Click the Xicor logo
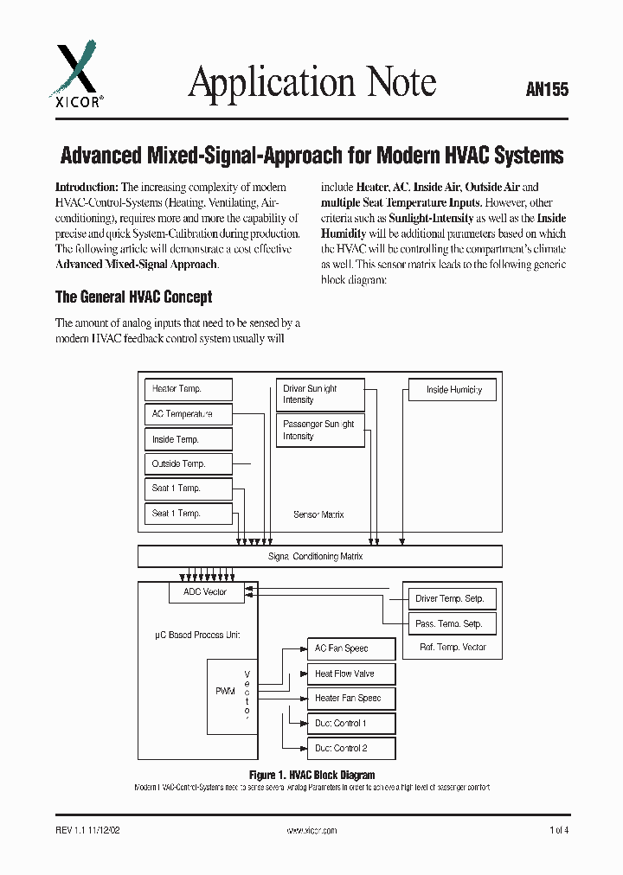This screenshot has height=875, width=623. (x=78, y=78)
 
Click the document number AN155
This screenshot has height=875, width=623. (x=547, y=89)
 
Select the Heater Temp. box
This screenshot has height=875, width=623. (x=188, y=389)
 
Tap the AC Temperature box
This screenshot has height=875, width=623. (x=188, y=414)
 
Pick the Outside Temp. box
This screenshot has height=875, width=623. (x=188, y=464)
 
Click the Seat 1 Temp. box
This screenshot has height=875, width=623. (x=188, y=489)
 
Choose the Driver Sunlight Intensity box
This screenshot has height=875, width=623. (x=320, y=394)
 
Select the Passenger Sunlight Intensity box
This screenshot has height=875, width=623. (x=320, y=430)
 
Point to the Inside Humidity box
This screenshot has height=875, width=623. (x=453, y=390)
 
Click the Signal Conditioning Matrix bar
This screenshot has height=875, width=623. (x=319, y=556)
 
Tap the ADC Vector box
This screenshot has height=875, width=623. (x=206, y=592)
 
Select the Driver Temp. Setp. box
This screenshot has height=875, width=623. (x=450, y=598)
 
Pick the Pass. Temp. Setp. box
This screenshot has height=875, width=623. (x=450, y=623)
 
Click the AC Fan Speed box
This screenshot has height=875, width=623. (x=350, y=648)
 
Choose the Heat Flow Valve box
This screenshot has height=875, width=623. (x=350, y=674)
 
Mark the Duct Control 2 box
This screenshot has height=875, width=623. (x=350, y=748)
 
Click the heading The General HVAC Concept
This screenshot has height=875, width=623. (x=133, y=297)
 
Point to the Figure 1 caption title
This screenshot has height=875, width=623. (x=311, y=776)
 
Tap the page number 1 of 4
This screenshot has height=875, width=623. (x=559, y=830)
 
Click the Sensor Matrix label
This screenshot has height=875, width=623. (x=319, y=514)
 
